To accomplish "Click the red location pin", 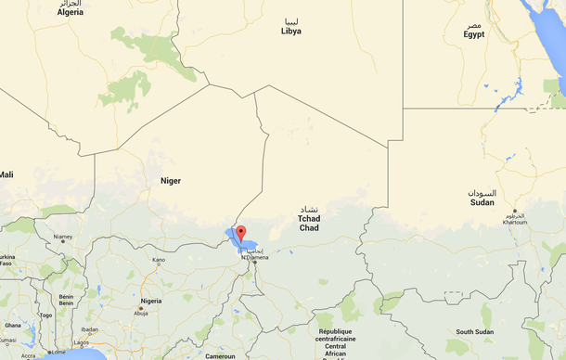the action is [x=240, y=232].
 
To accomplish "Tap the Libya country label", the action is [x=291, y=31].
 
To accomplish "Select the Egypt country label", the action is [x=474, y=34].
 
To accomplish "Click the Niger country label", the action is [x=170, y=180].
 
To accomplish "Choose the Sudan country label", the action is [x=482, y=202].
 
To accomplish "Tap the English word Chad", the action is [x=309, y=227].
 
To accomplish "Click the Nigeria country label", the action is [x=151, y=301].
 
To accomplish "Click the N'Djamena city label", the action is [x=255, y=257].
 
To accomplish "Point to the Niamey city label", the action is [x=63, y=237].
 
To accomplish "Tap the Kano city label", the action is [x=159, y=260].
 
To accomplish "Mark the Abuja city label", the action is [x=141, y=313].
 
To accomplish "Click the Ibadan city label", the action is [x=89, y=329].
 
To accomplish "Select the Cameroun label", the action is [x=220, y=355].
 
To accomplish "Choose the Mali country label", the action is [x=6, y=174].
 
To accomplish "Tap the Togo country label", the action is [x=45, y=315].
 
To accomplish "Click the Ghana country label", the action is [x=12, y=326].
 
